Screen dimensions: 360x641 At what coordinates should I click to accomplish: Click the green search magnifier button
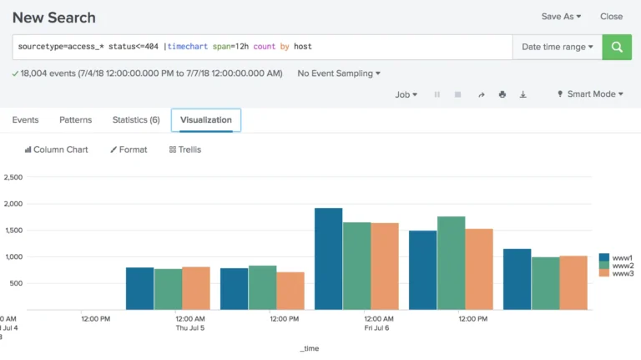tap(617, 47)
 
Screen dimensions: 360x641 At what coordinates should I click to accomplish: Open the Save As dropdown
tap(561, 16)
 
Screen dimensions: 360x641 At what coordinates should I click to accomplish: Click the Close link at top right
tap(611, 16)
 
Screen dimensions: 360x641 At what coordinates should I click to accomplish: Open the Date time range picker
tap(558, 47)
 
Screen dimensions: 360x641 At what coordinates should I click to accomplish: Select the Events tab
tap(25, 120)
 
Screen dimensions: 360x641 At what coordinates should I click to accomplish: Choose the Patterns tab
tap(75, 120)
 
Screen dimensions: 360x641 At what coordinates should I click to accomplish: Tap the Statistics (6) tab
tap(135, 120)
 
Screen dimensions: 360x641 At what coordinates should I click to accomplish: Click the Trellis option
tap(184, 150)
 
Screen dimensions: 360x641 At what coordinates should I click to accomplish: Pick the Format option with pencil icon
tap(129, 150)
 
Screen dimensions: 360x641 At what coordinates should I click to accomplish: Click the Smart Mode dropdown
tap(590, 94)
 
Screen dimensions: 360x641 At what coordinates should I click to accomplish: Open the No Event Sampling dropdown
tap(338, 74)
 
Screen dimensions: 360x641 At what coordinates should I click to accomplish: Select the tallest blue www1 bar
tap(328, 259)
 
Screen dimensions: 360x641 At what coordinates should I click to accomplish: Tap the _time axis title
tap(309, 348)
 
